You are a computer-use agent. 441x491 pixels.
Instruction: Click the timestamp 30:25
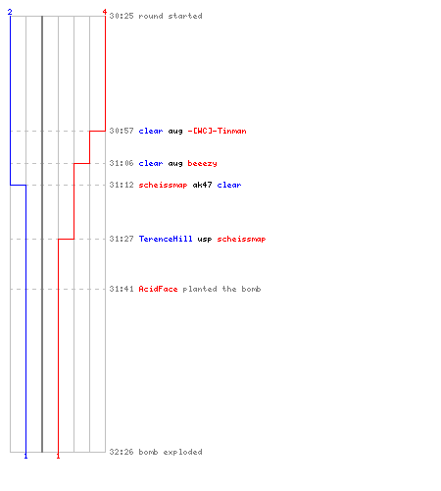pyautogui.click(x=122, y=16)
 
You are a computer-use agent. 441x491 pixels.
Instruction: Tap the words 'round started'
pyautogui.click(x=171, y=16)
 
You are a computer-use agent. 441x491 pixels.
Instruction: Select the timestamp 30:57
pyautogui.click(x=122, y=131)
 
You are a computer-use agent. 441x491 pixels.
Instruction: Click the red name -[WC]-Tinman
pyautogui.click(x=217, y=131)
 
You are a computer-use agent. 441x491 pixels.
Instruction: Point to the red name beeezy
pyautogui.click(x=202, y=163)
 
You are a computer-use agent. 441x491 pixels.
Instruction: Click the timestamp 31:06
pyautogui.click(x=122, y=163)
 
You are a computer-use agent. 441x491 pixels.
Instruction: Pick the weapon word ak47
pyautogui.click(x=202, y=185)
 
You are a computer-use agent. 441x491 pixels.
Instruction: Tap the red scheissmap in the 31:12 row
pyautogui.click(x=163, y=185)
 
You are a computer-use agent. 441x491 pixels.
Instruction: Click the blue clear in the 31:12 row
pyautogui.click(x=229, y=185)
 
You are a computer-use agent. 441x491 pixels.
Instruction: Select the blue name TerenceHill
pyautogui.click(x=166, y=239)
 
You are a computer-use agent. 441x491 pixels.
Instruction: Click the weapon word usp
pyautogui.click(x=205, y=240)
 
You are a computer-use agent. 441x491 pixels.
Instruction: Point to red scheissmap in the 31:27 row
pyautogui.click(x=241, y=239)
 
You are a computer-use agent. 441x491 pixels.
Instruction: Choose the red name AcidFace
pyautogui.click(x=158, y=289)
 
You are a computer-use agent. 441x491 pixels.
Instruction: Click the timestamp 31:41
pyautogui.click(x=122, y=289)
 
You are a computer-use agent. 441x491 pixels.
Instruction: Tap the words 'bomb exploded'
pyautogui.click(x=171, y=452)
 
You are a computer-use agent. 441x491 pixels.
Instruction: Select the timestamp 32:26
pyautogui.click(x=122, y=452)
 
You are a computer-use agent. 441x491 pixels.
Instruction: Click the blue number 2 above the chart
pyautogui.click(x=10, y=12)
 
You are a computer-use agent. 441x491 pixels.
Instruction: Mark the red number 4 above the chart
pyautogui.click(x=105, y=12)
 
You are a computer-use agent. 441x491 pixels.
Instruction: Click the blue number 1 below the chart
pyautogui.click(x=25, y=456)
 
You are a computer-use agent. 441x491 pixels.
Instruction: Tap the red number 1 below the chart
pyautogui.click(x=58, y=456)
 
